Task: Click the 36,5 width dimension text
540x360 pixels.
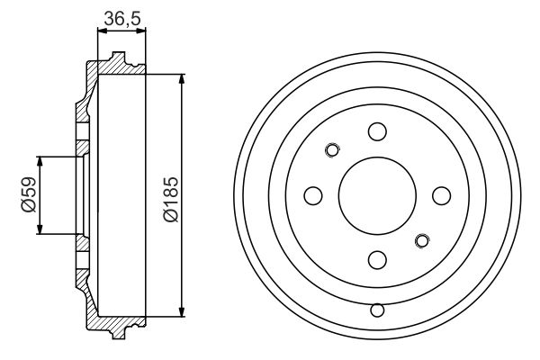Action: click(122, 18)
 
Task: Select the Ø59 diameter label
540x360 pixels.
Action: click(29, 194)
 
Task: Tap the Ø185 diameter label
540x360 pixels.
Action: click(171, 200)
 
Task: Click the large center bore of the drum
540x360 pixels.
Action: click(377, 195)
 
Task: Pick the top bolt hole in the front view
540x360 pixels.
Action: click(377, 131)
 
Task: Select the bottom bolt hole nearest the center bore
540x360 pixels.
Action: click(377, 260)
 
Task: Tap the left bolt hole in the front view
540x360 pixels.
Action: click(313, 195)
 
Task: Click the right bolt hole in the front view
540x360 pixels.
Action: click(442, 195)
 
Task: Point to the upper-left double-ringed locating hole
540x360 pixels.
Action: click(332, 150)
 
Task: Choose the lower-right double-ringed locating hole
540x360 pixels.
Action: click(422, 241)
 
